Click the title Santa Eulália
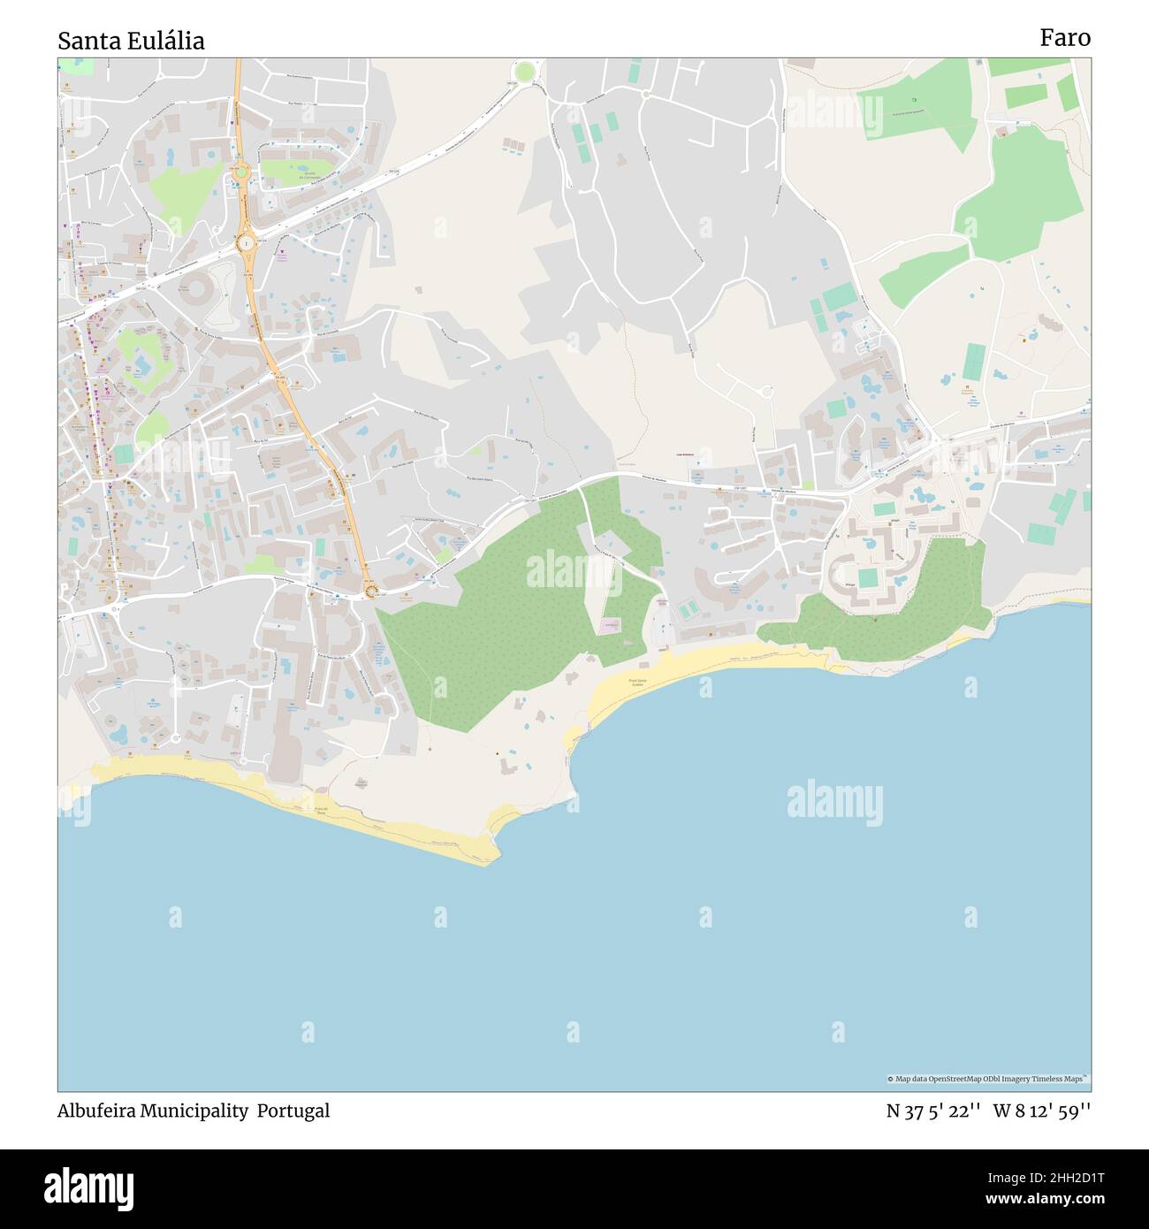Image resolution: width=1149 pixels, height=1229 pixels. [131, 41]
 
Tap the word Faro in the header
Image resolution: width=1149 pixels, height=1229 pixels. [1065, 37]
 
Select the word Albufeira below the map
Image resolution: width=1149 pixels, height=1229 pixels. [95, 1111]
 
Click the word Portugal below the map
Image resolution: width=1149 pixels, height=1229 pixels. [293, 1111]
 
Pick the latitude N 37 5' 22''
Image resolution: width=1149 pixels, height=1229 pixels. [933, 1111]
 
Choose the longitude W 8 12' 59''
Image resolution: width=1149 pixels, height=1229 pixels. [1042, 1111]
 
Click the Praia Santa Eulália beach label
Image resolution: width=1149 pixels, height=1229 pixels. [643, 682]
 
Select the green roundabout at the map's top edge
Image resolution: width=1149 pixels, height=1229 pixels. [526, 71]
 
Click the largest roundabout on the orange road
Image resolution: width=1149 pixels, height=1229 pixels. [246, 240]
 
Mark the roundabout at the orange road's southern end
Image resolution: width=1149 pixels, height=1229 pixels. [371, 592]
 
